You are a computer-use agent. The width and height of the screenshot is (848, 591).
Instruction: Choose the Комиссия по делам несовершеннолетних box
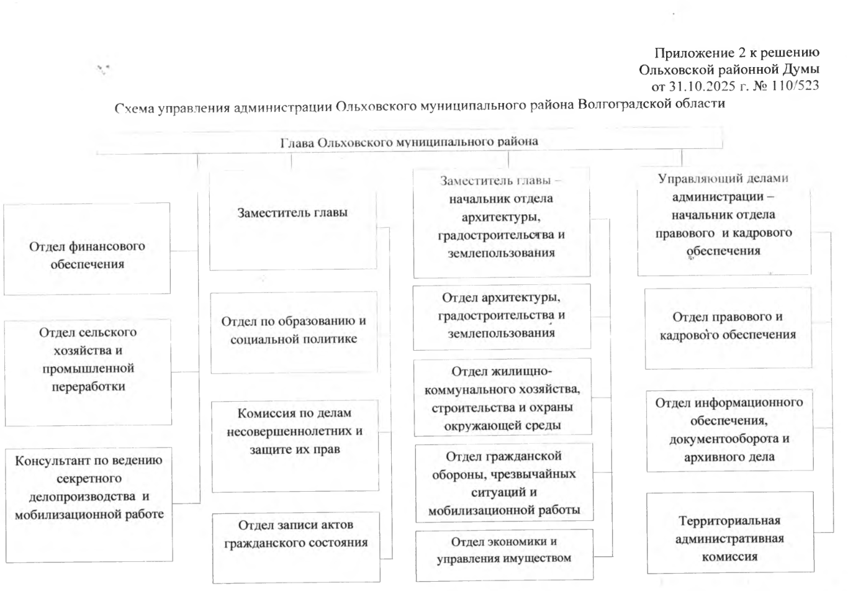point(295,446)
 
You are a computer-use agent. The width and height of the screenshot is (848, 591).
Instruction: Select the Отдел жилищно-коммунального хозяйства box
point(502,398)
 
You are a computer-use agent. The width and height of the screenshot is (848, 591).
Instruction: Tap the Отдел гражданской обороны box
point(503,482)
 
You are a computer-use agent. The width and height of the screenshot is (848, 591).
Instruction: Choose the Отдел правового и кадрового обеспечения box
point(728,328)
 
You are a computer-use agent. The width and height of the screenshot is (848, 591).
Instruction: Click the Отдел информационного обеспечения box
point(729,430)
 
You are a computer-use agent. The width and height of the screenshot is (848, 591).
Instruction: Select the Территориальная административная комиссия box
point(729,538)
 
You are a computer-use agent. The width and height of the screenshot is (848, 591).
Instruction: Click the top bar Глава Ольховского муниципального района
point(409,142)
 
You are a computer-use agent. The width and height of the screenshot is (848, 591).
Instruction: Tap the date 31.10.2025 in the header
point(701,86)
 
